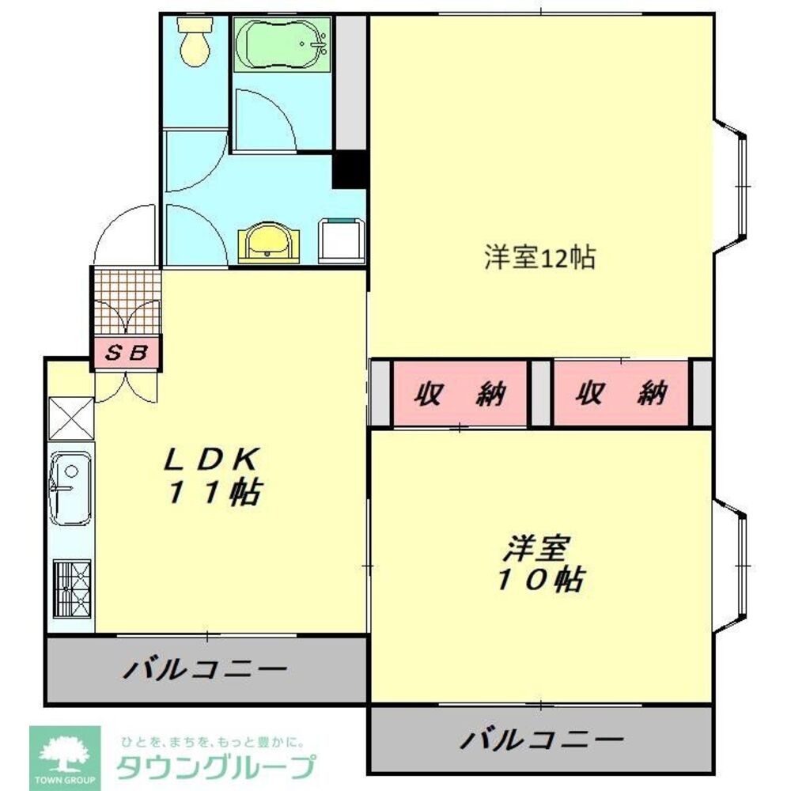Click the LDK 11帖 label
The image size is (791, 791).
(x=212, y=475)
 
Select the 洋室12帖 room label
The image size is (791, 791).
(x=539, y=258)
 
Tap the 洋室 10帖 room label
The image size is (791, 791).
(x=540, y=563)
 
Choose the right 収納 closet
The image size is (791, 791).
(x=622, y=392)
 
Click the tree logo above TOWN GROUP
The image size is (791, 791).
(x=66, y=748)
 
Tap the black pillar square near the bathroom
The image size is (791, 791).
(x=348, y=168)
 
